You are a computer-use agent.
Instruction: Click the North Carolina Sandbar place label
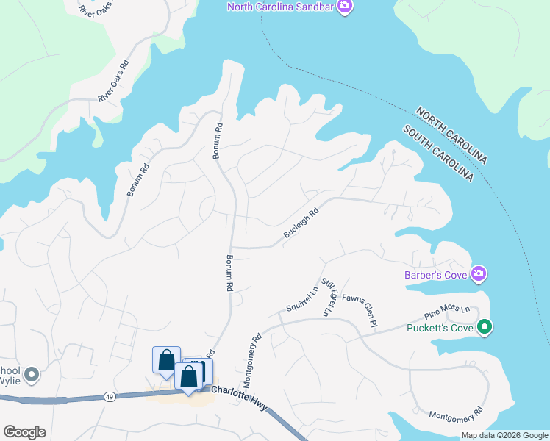point(281,7)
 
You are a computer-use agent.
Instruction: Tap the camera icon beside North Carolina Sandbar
point(346,7)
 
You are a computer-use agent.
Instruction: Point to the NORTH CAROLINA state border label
point(451,136)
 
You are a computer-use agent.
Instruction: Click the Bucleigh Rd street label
point(301,223)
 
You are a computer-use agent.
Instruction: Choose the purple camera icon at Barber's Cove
point(479,274)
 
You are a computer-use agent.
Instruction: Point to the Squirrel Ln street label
point(302,299)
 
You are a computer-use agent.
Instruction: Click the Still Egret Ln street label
point(328,297)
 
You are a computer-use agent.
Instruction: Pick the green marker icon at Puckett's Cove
point(485,326)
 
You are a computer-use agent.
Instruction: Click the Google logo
point(24,432)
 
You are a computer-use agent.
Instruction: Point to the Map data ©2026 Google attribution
point(504,435)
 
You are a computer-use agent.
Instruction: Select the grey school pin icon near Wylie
point(31,375)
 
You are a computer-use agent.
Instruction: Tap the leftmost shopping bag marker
point(166,361)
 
